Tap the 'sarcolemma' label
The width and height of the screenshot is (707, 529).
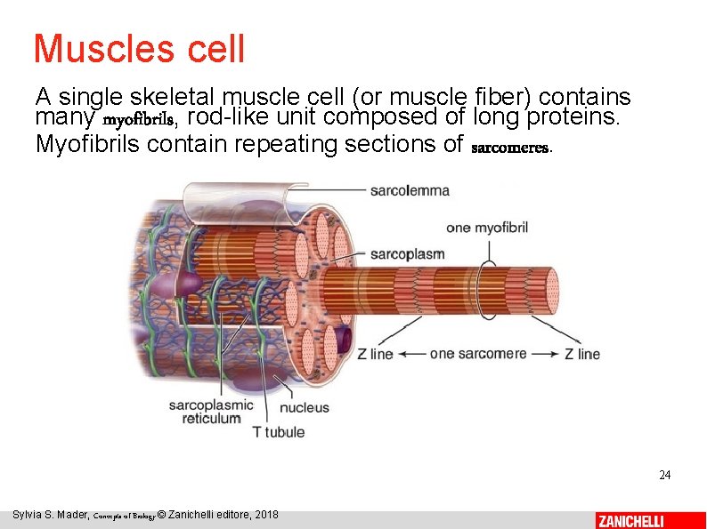tap(410, 190)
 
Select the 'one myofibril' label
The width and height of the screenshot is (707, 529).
tap(487, 228)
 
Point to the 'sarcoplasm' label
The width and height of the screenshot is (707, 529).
tap(407, 254)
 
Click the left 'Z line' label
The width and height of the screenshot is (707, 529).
tap(375, 354)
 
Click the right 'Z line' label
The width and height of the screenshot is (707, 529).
tap(582, 354)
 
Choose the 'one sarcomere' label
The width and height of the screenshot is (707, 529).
tap(478, 354)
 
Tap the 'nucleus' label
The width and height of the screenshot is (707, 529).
tap(305, 408)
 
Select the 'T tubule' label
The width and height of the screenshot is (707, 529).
tap(278, 432)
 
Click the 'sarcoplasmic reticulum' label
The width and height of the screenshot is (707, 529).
tap(211, 412)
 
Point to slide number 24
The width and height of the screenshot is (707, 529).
tap(664, 475)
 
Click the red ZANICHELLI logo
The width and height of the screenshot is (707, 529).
tap(630, 520)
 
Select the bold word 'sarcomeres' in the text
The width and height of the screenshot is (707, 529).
tap(510, 147)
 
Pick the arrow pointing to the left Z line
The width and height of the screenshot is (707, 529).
tap(410, 354)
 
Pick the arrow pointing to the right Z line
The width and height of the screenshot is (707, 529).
tap(545, 354)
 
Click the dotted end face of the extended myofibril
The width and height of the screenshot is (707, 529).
tap(551, 294)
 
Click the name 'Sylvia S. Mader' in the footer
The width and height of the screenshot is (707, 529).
tap(50, 516)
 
